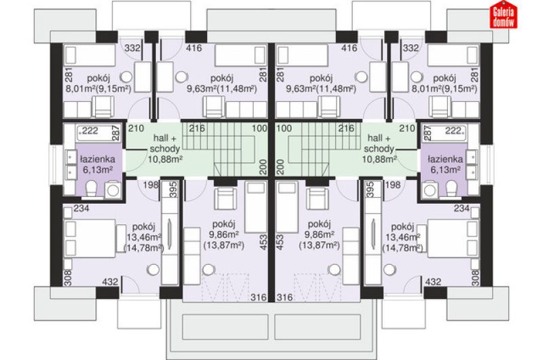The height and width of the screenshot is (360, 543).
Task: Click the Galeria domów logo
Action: (503, 16)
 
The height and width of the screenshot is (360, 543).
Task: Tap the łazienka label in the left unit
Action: (98, 160)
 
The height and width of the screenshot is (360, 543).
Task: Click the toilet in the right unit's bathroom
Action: (451, 188)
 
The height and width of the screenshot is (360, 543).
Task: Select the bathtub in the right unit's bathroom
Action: (444, 132)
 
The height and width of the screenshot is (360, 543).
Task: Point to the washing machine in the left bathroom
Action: (112, 190)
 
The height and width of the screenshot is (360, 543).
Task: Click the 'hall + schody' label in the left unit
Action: (164, 143)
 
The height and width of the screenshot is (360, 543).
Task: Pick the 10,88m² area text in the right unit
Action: (379, 160)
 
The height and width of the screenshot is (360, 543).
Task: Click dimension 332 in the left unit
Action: (132, 48)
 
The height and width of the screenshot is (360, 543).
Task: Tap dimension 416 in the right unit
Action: (349, 48)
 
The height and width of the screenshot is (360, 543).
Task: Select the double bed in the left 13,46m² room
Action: (90, 238)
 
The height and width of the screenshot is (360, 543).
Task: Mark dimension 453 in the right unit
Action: (280, 242)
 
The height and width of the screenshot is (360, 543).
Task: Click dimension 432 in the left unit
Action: (110, 282)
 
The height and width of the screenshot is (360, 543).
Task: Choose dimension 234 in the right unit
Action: (462, 209)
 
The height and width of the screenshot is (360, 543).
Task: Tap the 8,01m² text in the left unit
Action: (80, 89)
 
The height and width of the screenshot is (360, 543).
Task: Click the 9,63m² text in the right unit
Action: (301, 89)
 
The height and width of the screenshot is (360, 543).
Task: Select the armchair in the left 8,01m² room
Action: (103, 107)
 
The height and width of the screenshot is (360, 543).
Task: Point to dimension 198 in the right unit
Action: (393, 185)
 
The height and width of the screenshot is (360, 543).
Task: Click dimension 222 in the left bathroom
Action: (90, 130)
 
